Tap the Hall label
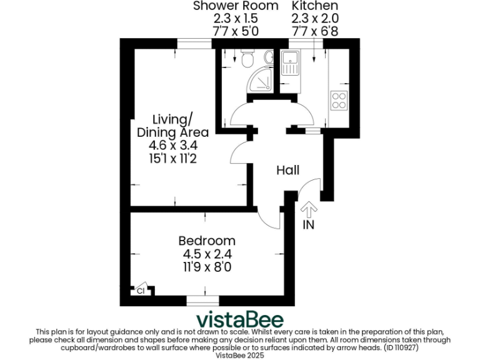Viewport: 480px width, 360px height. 288,170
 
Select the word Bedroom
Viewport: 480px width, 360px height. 207,241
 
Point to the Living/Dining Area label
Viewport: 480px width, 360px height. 173,126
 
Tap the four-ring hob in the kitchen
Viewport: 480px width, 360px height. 339,100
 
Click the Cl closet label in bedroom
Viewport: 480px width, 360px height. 141,291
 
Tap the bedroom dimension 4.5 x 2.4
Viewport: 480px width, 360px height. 207,254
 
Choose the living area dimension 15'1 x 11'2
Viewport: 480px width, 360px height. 173,159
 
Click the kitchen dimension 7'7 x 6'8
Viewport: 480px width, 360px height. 315,31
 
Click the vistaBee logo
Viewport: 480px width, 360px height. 240,319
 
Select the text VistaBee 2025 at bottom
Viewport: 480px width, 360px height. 240,354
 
